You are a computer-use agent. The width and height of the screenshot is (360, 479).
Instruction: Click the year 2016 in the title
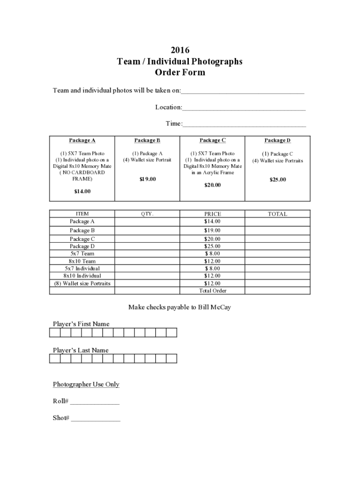180,50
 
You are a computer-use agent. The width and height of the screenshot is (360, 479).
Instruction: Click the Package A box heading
82,140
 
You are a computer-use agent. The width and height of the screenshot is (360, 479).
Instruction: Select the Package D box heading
277,140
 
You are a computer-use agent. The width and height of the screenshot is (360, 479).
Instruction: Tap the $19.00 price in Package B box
147,179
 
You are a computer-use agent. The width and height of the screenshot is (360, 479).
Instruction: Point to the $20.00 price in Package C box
212,185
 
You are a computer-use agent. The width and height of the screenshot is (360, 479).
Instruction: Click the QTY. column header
147,214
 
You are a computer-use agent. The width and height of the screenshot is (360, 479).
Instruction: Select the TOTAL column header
277,214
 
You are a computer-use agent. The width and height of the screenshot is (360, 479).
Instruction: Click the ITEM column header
82,214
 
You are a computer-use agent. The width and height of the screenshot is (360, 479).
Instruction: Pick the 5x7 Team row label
82,254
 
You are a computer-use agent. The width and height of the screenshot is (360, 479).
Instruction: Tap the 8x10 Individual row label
82,276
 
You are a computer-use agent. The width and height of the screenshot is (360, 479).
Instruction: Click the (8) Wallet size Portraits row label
82,283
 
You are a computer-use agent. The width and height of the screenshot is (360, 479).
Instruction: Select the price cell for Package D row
212,246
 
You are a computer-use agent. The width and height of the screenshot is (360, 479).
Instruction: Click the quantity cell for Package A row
147,221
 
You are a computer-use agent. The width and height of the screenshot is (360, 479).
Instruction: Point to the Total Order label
212,291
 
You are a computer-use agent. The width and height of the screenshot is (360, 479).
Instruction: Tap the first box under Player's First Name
55,333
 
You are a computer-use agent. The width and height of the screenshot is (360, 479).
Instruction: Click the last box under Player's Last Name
172,359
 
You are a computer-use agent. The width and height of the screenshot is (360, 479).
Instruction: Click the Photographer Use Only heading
86,385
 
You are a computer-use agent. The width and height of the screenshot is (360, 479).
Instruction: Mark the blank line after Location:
244,108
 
